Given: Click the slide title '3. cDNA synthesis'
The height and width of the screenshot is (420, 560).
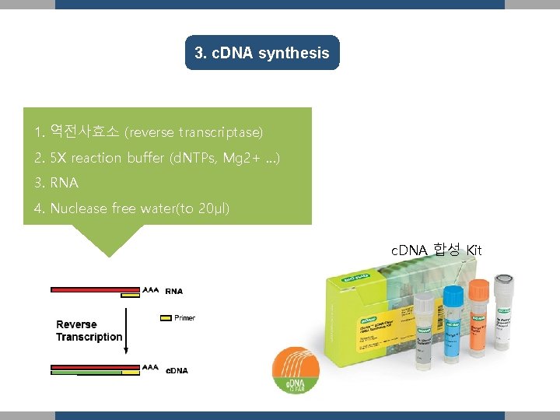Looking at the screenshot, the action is click(262, 54).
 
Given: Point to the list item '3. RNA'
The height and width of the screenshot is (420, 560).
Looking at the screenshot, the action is click(57, 184).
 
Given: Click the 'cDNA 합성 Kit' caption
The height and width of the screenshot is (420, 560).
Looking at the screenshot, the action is click(436, 250).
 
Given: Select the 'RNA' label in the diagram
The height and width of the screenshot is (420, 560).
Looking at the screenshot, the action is click(174, 292).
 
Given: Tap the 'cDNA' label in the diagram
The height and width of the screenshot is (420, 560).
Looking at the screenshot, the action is click(177, 370).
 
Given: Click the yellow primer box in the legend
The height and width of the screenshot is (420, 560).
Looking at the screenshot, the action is click(165, 317).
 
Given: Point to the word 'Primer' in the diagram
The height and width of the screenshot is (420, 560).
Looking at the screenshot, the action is click(185, 317).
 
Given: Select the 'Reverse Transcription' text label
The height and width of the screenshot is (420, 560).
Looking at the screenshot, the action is click(88, 331).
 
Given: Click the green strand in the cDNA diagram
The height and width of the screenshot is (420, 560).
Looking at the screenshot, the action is click(86, 373).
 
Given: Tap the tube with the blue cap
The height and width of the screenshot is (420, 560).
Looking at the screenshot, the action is click(453, 327).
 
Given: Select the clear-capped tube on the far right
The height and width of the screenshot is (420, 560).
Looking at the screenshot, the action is click(503, 311).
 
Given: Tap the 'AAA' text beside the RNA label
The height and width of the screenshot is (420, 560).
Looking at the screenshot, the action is click(151, 289).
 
